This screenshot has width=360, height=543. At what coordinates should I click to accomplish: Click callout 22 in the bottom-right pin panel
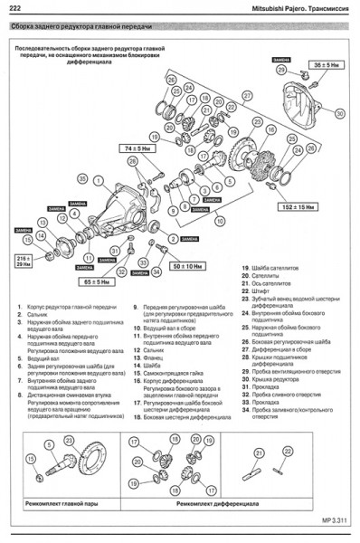(x=288, y=450)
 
